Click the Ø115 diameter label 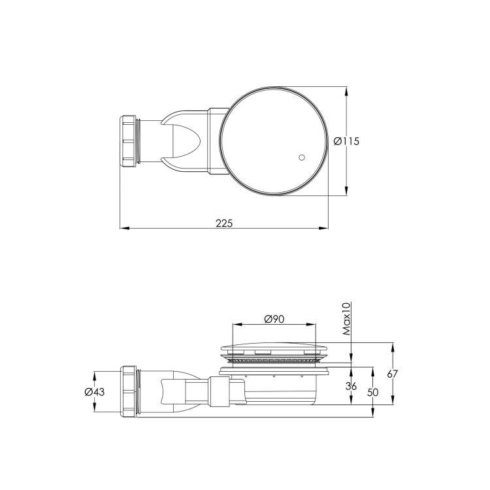pos(346,141)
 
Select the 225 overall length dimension pos(224,222)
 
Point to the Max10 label pos(347,318)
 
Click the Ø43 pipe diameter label pos(95,392)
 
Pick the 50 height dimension pos(373,393)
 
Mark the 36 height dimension pos(351,386)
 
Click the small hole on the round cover pos(301,157)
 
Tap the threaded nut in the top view pos(131,141)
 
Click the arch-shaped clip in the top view pos(184,140)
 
